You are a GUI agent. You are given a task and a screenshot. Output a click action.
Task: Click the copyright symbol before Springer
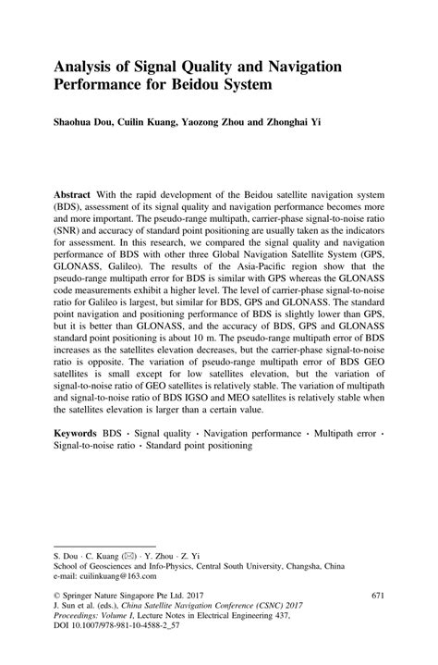tap(56, 596)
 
